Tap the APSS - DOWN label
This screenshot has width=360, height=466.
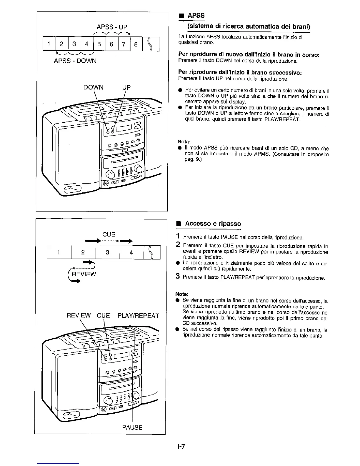click(75, 61)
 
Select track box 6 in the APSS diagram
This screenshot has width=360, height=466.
click(111, 44)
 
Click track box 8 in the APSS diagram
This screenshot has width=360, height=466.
click(136, 44)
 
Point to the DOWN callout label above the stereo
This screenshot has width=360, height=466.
click(94, 87)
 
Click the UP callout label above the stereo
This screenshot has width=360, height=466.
click(126, 87)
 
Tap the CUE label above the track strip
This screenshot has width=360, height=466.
click(109, 234)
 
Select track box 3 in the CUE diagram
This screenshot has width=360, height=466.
click(107, 252)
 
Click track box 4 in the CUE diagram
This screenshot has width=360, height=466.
click(131, 252)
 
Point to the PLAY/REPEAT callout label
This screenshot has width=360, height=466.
click(138, 316)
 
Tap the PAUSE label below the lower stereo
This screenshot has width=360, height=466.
click(132, 427)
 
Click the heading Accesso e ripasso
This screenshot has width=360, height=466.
click(213, 224)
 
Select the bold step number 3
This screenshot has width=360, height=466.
click(177, 276)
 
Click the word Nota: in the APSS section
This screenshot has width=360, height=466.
click(184, 142)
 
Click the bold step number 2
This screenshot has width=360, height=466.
click(178, 244)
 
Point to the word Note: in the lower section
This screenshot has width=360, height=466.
click(182, 294)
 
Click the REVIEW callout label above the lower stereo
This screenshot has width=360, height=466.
click(79, 316)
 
